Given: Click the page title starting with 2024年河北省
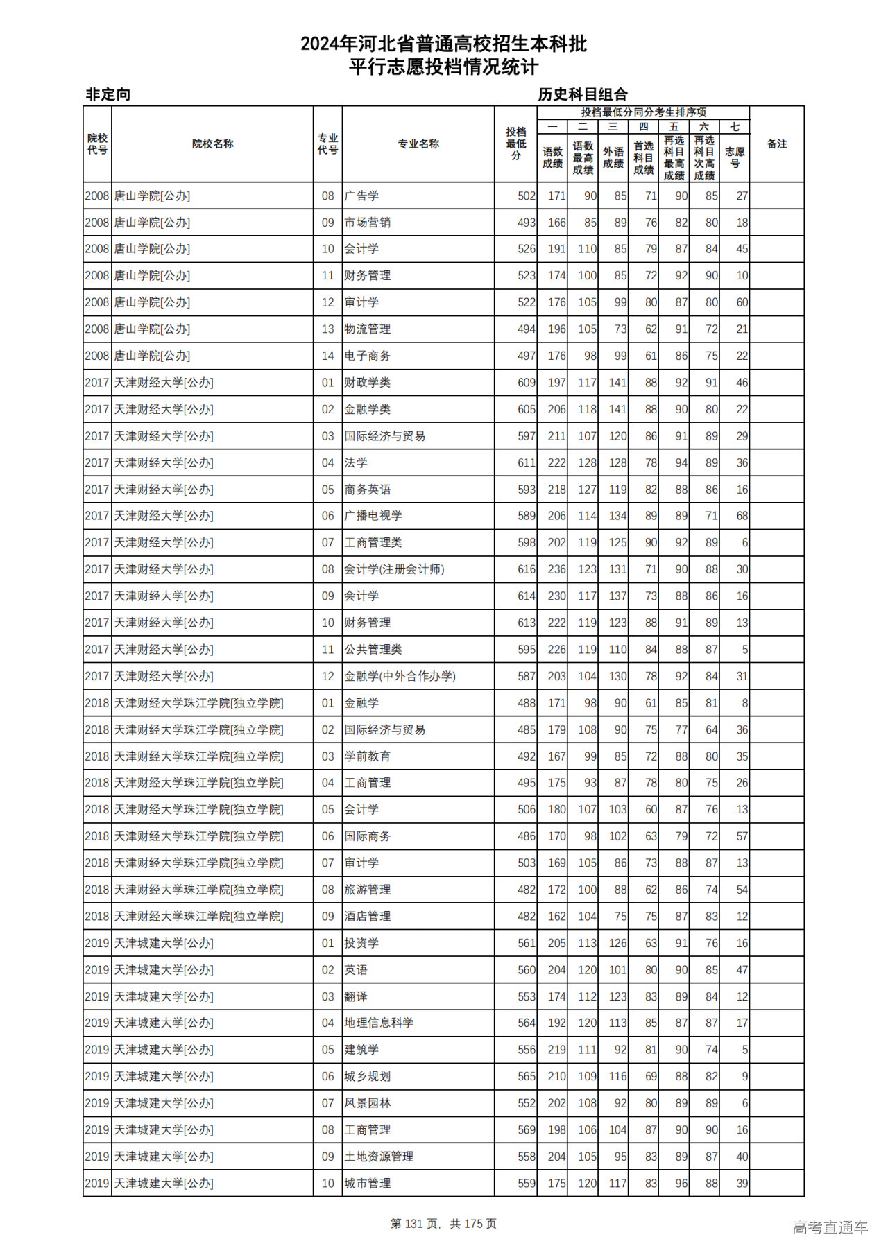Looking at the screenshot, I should pyautogui.click(x=443, y=44).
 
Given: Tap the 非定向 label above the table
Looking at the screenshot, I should pyautogui.click(x=108, y=94).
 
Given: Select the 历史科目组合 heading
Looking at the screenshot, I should pyautogui.click(x=583, y=94).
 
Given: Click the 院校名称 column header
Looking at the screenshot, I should pyautogui.click(x=212, y=144).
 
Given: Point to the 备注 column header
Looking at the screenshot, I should pyautogui.click(x=776, y=144).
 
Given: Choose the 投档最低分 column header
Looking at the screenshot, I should pyautogui.click(x=515, y=144).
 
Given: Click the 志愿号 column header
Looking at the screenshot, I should pyautogui.click(x=734, y=157).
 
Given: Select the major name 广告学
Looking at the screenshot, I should pyautogui.click(x=361, y=196).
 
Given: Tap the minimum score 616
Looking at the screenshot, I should pyautogui.click(x=526, y=569).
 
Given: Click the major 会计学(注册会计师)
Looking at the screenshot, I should pyautogui.click(x=394, y=569).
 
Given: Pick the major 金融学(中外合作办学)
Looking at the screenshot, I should pyautogui.click(x=400, y=676).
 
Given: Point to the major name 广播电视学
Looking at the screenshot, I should pyautogui.click(x=373, y=516).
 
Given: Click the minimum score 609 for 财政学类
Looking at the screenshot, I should pyautogui.click(x=526, y=383).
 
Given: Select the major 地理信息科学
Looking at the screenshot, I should pyautogui.click(x=379, y=1023).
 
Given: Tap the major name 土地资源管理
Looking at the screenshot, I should pyautogui.click(x=379, y=1157).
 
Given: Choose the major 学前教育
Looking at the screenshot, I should pyautogui.click(x=367, y=756).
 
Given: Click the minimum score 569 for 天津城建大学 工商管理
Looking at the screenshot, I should pyautogui.click(x=526, y=1130).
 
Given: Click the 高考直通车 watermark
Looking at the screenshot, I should pyautogui.click(x=830, y=1227).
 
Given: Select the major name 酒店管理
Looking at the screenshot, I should pyautogui.click(x=367, y=917).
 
